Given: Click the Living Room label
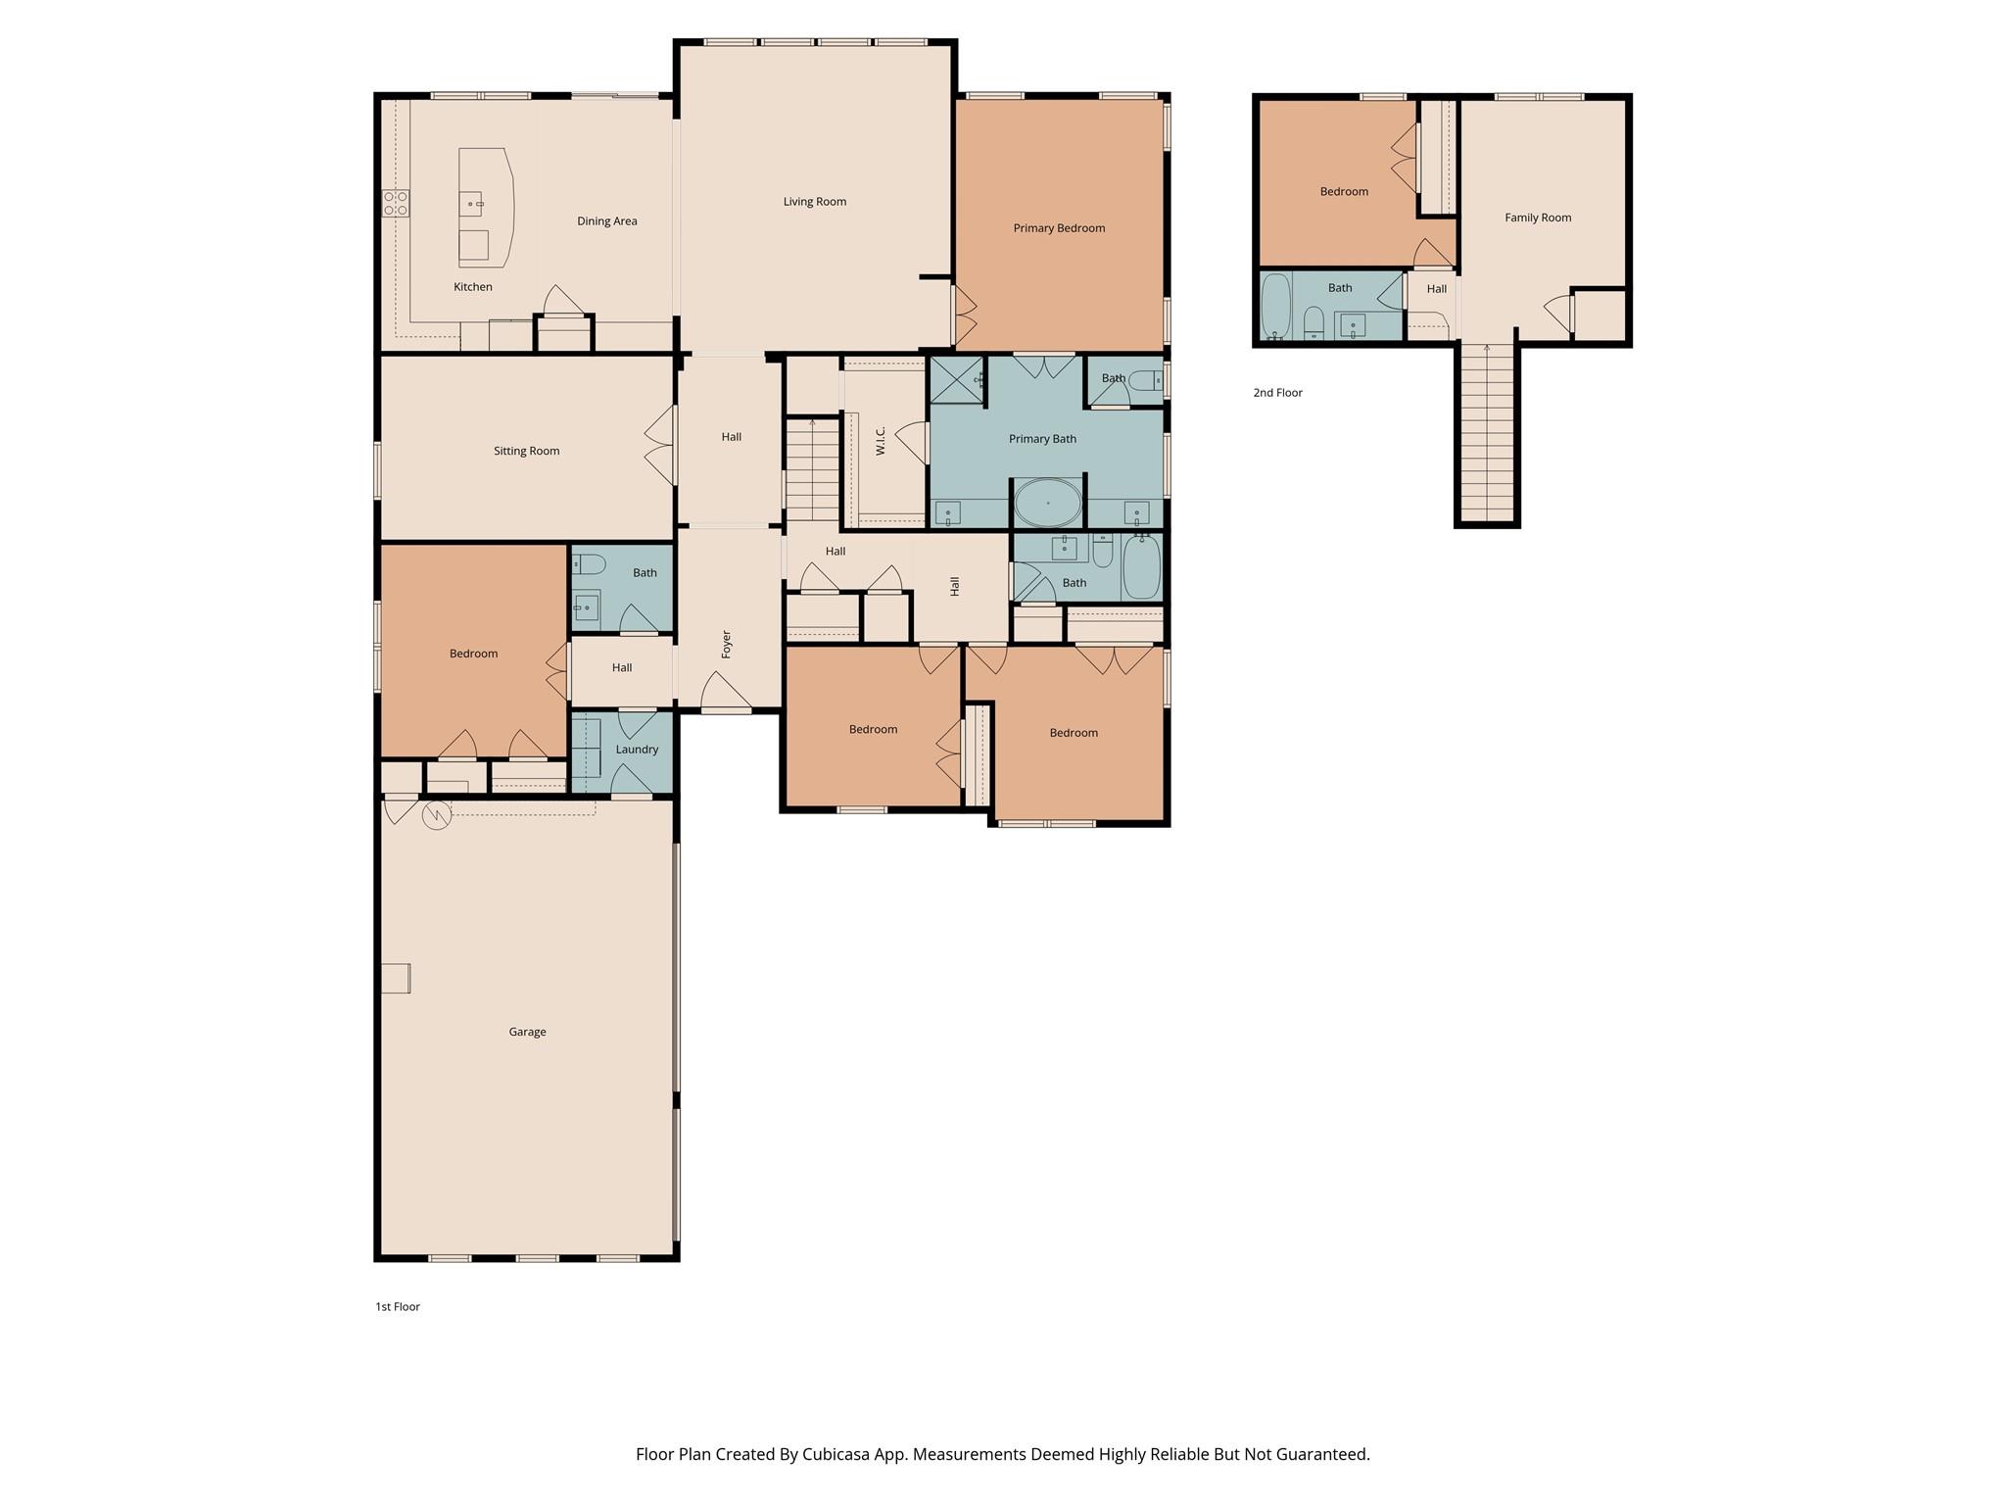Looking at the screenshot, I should click(x=814, y=202).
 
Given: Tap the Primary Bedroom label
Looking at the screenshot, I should click(x=1059, y=228).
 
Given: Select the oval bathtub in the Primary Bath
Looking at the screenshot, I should click(x=1047, y=503).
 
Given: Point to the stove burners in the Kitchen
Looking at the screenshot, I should click(x=396, y=203).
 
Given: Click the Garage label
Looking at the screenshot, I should click(x=527, y=1032).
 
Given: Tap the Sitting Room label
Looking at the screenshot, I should click(x=526, y=452).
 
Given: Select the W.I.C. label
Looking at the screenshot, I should click(x=881, y=440).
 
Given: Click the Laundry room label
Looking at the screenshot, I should click(x=637, y=750).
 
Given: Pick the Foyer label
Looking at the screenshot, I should click(x=727, y=644).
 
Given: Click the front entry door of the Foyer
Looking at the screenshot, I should click(x=726, y=696).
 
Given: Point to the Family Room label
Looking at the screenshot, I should click(x=1538, y=218).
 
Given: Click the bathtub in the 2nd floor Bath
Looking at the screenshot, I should click(x=1275, y=306).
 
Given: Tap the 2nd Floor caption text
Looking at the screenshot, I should click(x=1277, y=393).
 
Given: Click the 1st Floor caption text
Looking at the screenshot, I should click(x=397, y=1307).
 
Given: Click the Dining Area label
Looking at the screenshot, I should click(x=606, y=221).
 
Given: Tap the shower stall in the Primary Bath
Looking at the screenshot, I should click(x=956, y=380).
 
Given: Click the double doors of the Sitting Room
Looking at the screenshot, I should click(x=661, y=445).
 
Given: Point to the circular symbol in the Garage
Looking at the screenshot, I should click(x=436, y=815).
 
